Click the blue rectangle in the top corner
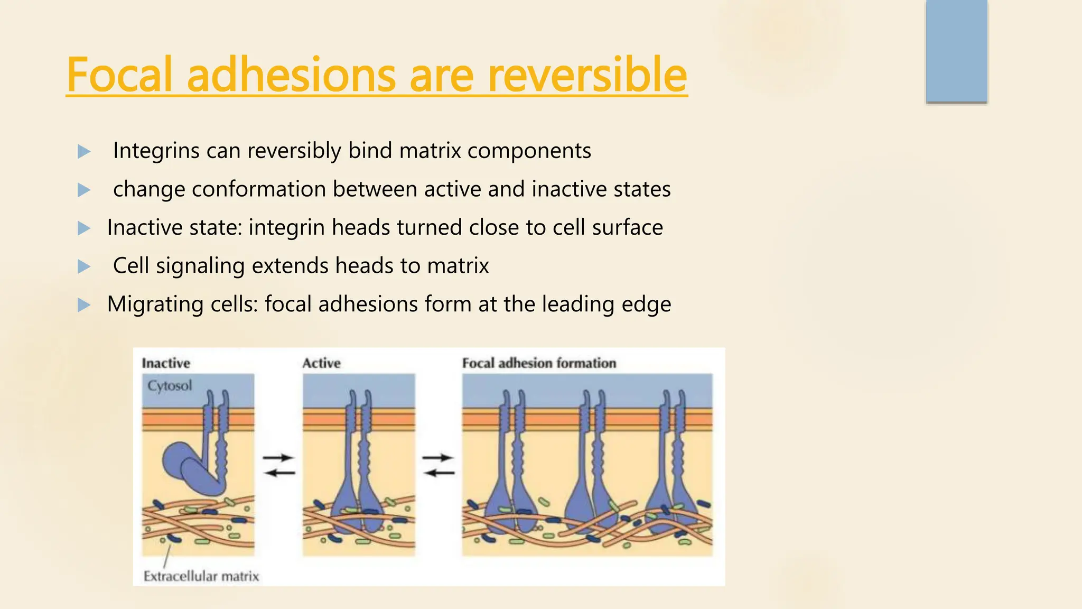click(x=956, y=51)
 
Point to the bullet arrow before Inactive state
click(x=83, y=228)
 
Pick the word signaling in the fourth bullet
click(x=200, y=266)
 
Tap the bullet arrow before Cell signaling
click(x=83, y=266)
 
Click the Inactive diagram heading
click(x=166, y=363)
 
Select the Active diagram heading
click(x=321, y=363)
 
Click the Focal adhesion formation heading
click(x=539, y=363)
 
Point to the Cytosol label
click(x=170, y=385)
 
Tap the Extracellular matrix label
click(x=201, y=576)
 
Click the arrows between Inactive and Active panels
click(x=278, y=465)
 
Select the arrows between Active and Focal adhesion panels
click(x=438, y=465)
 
